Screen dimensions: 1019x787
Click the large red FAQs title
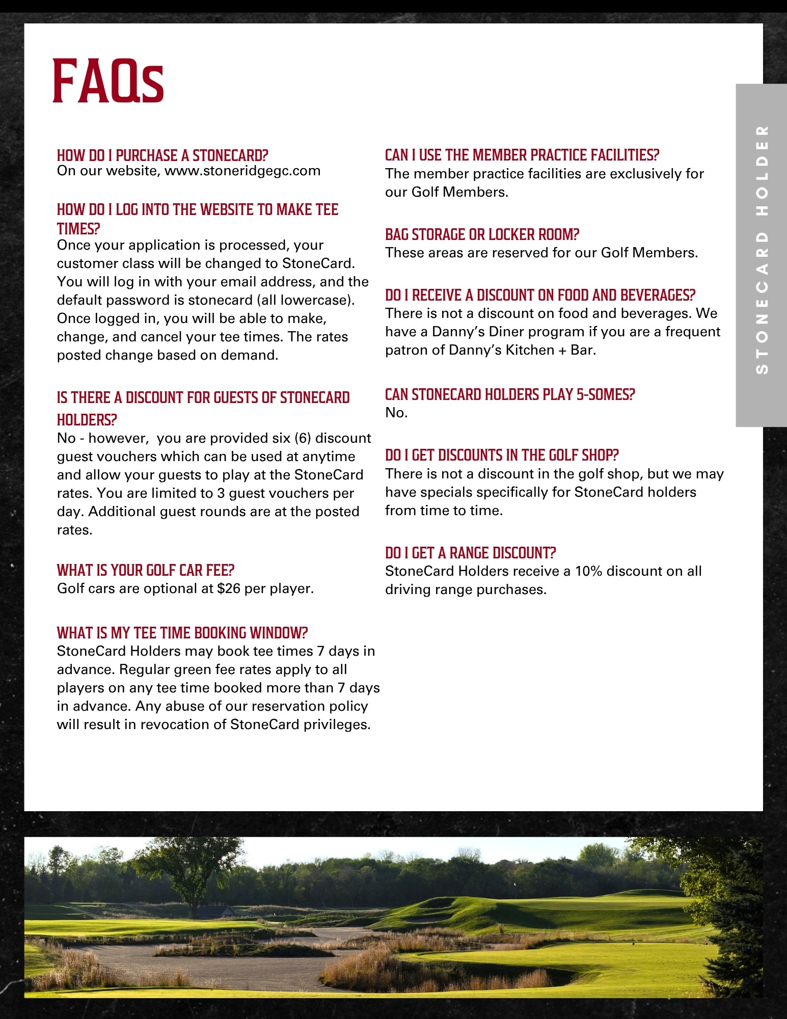108,81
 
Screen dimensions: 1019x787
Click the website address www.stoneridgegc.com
242,171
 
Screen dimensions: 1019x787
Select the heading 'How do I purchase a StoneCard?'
162,155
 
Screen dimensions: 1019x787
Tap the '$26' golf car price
229,588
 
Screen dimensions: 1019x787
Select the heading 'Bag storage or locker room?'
482,234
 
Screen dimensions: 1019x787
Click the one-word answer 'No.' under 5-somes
396,413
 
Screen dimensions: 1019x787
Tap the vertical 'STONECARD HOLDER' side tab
761,250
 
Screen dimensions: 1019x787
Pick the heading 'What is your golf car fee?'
145,570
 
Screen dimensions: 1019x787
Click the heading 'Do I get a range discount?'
470,553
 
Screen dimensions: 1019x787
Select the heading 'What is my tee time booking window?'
182,633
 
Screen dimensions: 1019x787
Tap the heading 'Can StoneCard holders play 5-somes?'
509,394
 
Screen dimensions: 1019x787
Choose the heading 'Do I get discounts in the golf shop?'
501,455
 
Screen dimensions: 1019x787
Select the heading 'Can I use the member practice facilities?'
522,155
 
